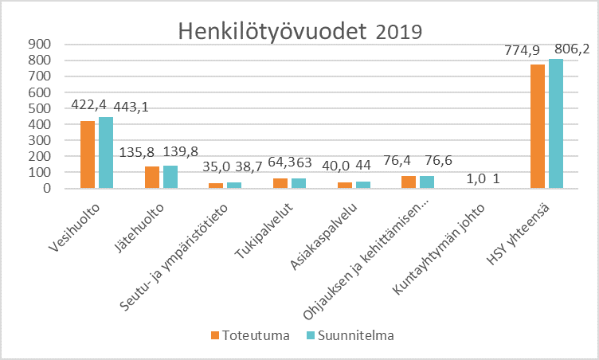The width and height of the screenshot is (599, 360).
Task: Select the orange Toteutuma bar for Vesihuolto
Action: coord(88,155)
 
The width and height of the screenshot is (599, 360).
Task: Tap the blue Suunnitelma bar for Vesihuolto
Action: coord(106,153)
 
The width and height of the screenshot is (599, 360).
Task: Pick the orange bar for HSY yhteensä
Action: coord(538,126)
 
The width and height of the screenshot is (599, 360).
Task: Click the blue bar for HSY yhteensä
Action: coord(556,123)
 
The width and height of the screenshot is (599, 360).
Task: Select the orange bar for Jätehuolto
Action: coord(152,177)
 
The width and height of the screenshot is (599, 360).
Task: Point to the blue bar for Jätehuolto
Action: coord(170,177)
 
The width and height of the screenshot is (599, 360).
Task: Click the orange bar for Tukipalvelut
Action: coord(280,183)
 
